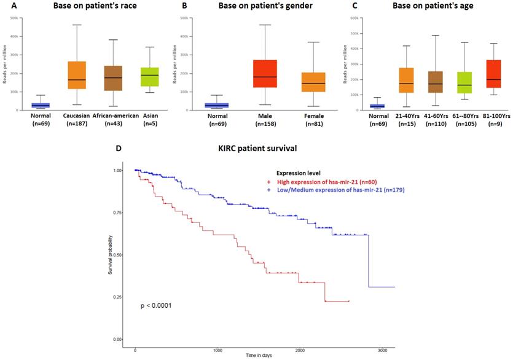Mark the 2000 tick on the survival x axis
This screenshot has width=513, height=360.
tap(300, 350)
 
